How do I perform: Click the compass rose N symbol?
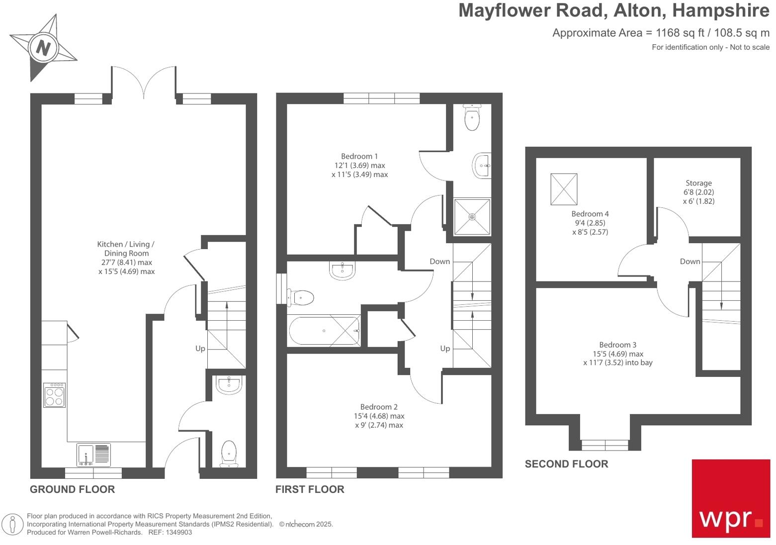click(43, 48)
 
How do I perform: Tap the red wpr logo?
click(730, 498)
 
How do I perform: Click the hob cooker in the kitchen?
click(54, 395)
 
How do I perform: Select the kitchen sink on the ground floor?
click(93, 454)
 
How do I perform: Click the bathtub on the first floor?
click(324, 331)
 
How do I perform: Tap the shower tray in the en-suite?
click(472, 216)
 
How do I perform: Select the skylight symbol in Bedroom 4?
click(564, 189)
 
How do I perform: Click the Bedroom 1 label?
click(359, 156)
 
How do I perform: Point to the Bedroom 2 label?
click(378, 407)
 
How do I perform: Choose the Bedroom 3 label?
click(617, 345)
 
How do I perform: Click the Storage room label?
click(698, 183)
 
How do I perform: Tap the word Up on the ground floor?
click(200, 349)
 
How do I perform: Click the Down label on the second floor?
click(690, 262)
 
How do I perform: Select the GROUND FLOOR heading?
click(72, 489)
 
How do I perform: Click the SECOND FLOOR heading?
click(566, 464)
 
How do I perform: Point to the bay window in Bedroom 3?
click(604, 444)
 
